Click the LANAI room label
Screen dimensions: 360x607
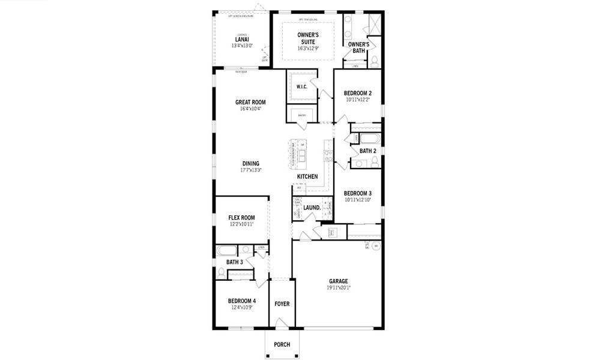242,39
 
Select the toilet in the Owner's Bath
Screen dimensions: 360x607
375,60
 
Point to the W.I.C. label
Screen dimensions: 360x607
301,87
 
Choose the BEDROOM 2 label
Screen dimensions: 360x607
357,93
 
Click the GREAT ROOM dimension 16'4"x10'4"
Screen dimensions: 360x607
250,109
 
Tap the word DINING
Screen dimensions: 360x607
251,163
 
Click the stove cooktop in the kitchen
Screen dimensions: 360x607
328,155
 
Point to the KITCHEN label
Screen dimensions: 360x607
307,176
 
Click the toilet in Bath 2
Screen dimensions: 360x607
374,161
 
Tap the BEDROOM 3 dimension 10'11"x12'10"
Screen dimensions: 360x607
357,200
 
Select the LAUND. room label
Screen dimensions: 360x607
312,208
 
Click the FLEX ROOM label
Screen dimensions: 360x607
241,217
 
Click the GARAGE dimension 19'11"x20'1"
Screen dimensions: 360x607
338,287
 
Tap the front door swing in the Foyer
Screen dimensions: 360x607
281,324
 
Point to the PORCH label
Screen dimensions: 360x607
282,344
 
